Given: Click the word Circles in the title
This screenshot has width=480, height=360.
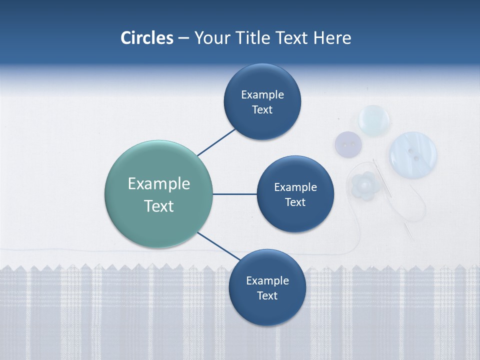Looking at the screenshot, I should (146, 38).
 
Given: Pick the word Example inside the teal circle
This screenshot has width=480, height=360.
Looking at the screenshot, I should (158, 183).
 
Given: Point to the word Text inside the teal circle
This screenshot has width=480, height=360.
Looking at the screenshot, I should (158, 206).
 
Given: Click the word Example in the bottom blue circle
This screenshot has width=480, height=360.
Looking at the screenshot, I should (267, 280).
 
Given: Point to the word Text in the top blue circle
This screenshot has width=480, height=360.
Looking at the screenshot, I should (262, 109).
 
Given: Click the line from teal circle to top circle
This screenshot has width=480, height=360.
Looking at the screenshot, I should (216, 142).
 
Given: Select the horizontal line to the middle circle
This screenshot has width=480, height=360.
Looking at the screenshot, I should (234, 194).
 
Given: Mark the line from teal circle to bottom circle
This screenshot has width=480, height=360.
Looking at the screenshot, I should (216, 245).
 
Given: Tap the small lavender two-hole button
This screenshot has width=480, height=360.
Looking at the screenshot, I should (348, 144).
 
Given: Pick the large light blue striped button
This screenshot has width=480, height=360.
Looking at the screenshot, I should (413, 154).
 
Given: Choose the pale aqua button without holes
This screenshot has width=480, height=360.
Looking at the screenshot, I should (374, 120).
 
